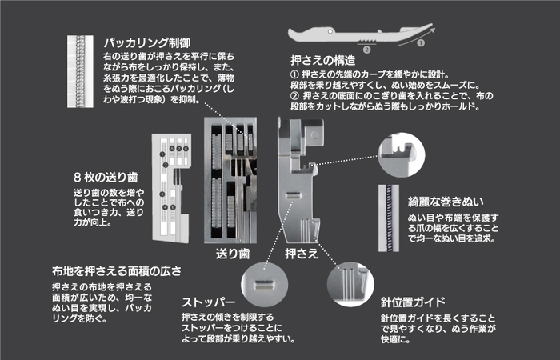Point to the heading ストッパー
212,303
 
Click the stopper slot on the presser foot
293,195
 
